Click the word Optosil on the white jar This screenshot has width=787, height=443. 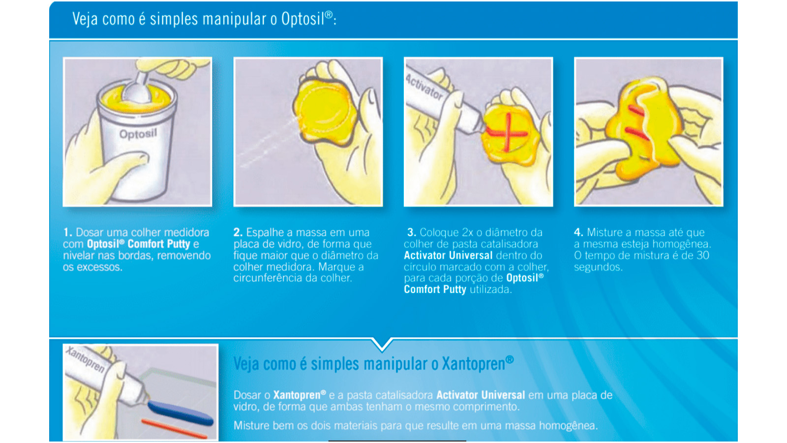click(138, 133)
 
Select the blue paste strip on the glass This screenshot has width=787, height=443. click(180, 412)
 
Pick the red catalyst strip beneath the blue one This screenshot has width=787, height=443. click(174, 428)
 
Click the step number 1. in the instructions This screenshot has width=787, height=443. click(68, 232)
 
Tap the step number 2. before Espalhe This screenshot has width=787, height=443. click(238, 232)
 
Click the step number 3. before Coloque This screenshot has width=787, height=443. click(412, 232)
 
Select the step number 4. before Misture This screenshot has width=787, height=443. click(578, 232)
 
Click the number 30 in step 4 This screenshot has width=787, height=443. click(702, 255)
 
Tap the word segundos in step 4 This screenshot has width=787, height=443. click(598, 267)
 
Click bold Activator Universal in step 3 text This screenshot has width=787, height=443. click(448, 255)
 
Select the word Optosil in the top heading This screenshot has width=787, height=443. click(303, 19)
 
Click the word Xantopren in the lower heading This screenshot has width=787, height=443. click(473, 364)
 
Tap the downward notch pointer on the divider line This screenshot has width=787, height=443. click(382, 344)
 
